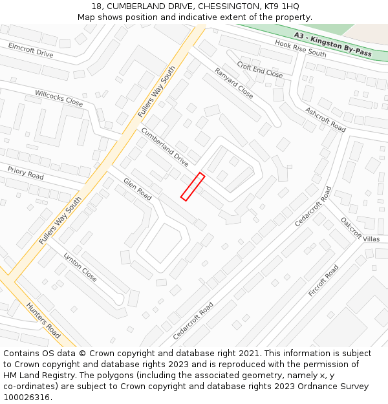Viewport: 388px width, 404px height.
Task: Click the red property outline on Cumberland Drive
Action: coord(193,186)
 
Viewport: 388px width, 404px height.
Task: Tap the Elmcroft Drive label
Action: coord(31,50)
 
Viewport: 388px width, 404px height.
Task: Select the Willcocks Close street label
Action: coord(59,98)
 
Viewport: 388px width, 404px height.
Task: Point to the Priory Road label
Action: coord(26,173)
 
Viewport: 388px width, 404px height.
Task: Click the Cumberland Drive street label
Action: coord(165,147)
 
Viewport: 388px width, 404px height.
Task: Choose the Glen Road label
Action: coord(138,189)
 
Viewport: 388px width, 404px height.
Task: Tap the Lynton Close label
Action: coord(80,267)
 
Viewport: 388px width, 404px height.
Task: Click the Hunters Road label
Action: coord(43,320)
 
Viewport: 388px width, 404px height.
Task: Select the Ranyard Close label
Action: coord(234,83)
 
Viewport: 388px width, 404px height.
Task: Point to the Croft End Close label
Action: coord(260,70)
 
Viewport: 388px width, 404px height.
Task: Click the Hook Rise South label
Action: coord(301,48)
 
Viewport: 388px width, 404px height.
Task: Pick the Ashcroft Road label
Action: coord(325,120)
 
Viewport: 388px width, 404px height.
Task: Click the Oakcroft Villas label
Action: coord(360,229)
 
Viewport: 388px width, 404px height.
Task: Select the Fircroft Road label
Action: coord(323,281)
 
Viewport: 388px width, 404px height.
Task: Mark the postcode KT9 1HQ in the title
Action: coord(280,6)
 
